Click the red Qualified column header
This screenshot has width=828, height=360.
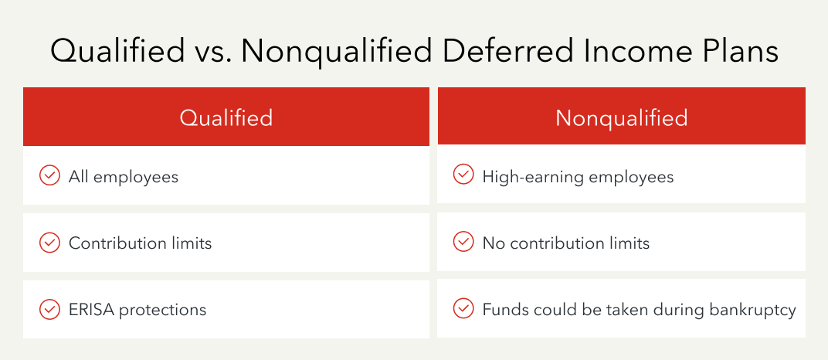(x=226, y=117)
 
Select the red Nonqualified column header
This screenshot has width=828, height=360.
(x=621, y=117)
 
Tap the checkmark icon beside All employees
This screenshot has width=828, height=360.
(x=49, y=176)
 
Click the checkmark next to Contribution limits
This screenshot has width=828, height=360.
(x=49, y=243)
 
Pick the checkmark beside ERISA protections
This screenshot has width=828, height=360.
(x=49, y=309)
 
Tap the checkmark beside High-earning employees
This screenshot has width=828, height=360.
(x=463, y=175)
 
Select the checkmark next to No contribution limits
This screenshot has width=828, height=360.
(x=463, y=242)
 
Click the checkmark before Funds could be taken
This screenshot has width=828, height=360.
(x=463, y=308)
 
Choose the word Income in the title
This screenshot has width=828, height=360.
(x=643, y=53)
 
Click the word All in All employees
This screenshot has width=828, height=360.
(x=78, y=177)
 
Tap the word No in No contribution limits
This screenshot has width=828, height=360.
(x=494, y=243)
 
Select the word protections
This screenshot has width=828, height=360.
(x=162, y=310)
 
